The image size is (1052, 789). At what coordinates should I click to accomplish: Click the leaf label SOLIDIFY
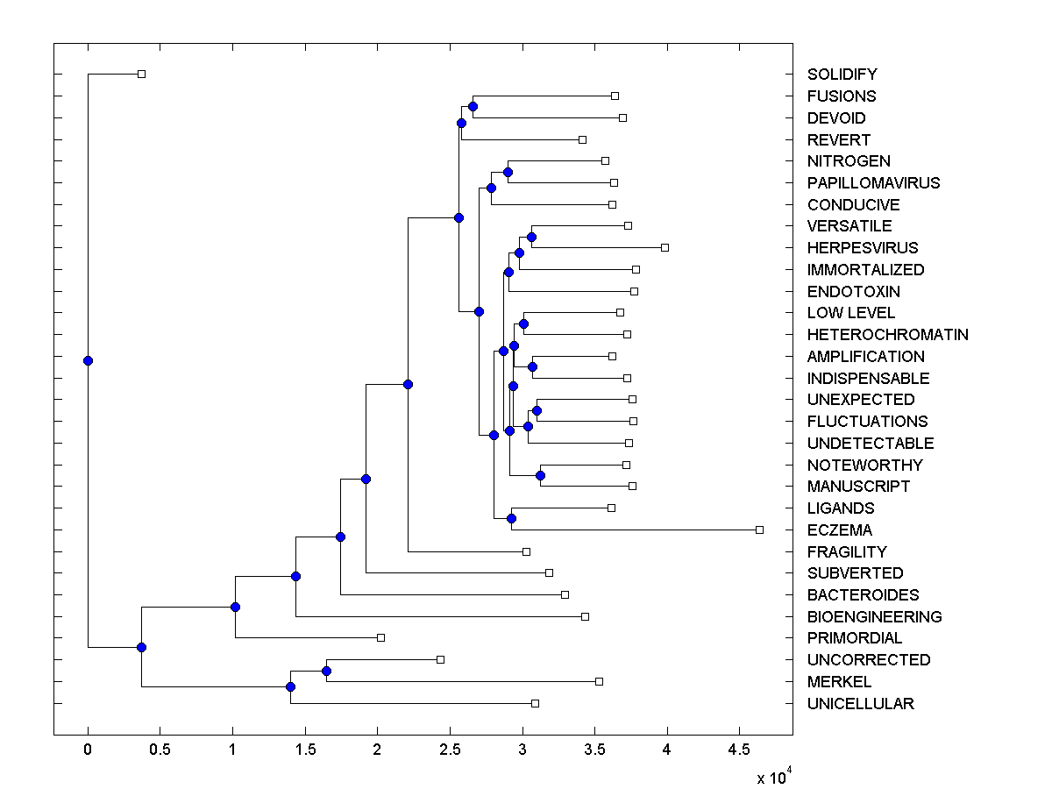pos(842,75)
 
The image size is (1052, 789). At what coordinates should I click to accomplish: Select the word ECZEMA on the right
pos(839,530)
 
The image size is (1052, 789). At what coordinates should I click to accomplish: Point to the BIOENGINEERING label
pos(874,617)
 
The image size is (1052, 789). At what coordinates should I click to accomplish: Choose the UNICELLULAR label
pos(860,704)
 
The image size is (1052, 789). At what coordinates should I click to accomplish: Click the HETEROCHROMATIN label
pos(887,335)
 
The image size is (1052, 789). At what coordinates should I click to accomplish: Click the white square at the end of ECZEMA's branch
pos(759,530)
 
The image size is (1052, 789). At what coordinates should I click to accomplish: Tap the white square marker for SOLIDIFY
pos(141,74)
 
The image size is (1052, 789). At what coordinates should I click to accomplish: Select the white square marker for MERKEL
pos(599,681)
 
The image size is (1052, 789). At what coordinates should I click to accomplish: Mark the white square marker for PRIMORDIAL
pos(380,637)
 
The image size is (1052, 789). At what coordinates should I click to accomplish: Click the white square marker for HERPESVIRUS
pos(665,247)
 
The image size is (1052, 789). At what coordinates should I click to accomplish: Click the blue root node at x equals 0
pos(88,360)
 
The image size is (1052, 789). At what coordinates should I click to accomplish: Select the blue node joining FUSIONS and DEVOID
pos(473,106)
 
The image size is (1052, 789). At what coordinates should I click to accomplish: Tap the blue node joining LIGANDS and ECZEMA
pos(511,518)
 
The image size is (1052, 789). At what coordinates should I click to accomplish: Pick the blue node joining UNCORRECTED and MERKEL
pos(326,671)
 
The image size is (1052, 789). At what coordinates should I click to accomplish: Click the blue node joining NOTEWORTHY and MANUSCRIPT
pos(540,475)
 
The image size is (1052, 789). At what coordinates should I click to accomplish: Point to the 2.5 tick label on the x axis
pos(450,749)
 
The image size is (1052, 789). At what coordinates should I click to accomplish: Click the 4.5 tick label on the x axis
pos(739,749)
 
